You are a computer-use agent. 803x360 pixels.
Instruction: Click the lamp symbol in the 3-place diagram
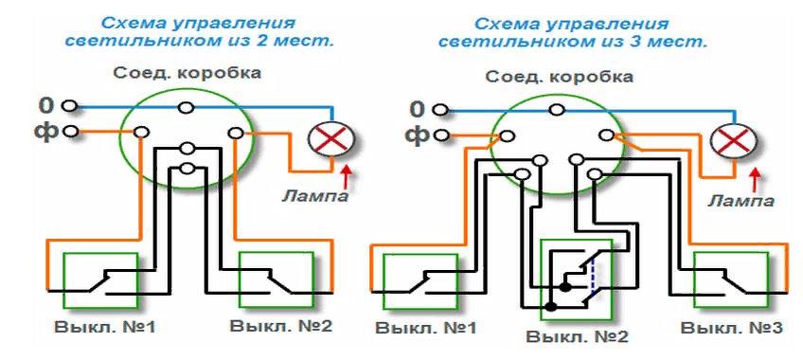click(x=729, y=143)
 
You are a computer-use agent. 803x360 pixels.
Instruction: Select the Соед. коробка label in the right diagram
click(x=572, y=76)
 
